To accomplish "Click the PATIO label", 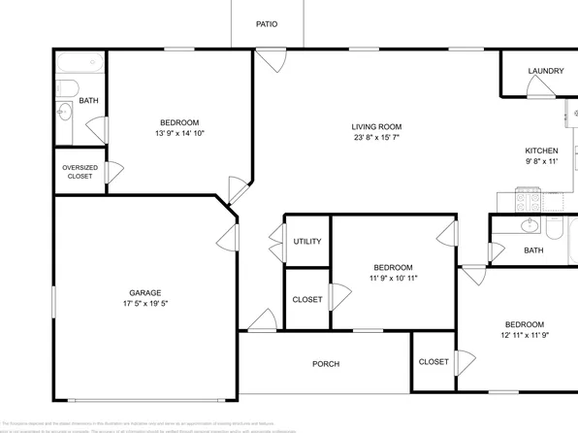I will point(266,23).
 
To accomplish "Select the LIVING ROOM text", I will point(376,126).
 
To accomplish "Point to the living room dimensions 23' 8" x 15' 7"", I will point(376,138).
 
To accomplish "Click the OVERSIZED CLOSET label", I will point(79,172).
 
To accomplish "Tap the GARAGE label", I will point(145,292).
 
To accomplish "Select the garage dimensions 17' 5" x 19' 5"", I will point(145,304).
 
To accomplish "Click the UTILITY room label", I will point(307,242).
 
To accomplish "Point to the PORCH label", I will point(325,364).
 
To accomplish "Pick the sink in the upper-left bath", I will point(64,112).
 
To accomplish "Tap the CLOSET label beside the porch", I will point(433,361).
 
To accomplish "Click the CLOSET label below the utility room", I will point(307,299).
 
